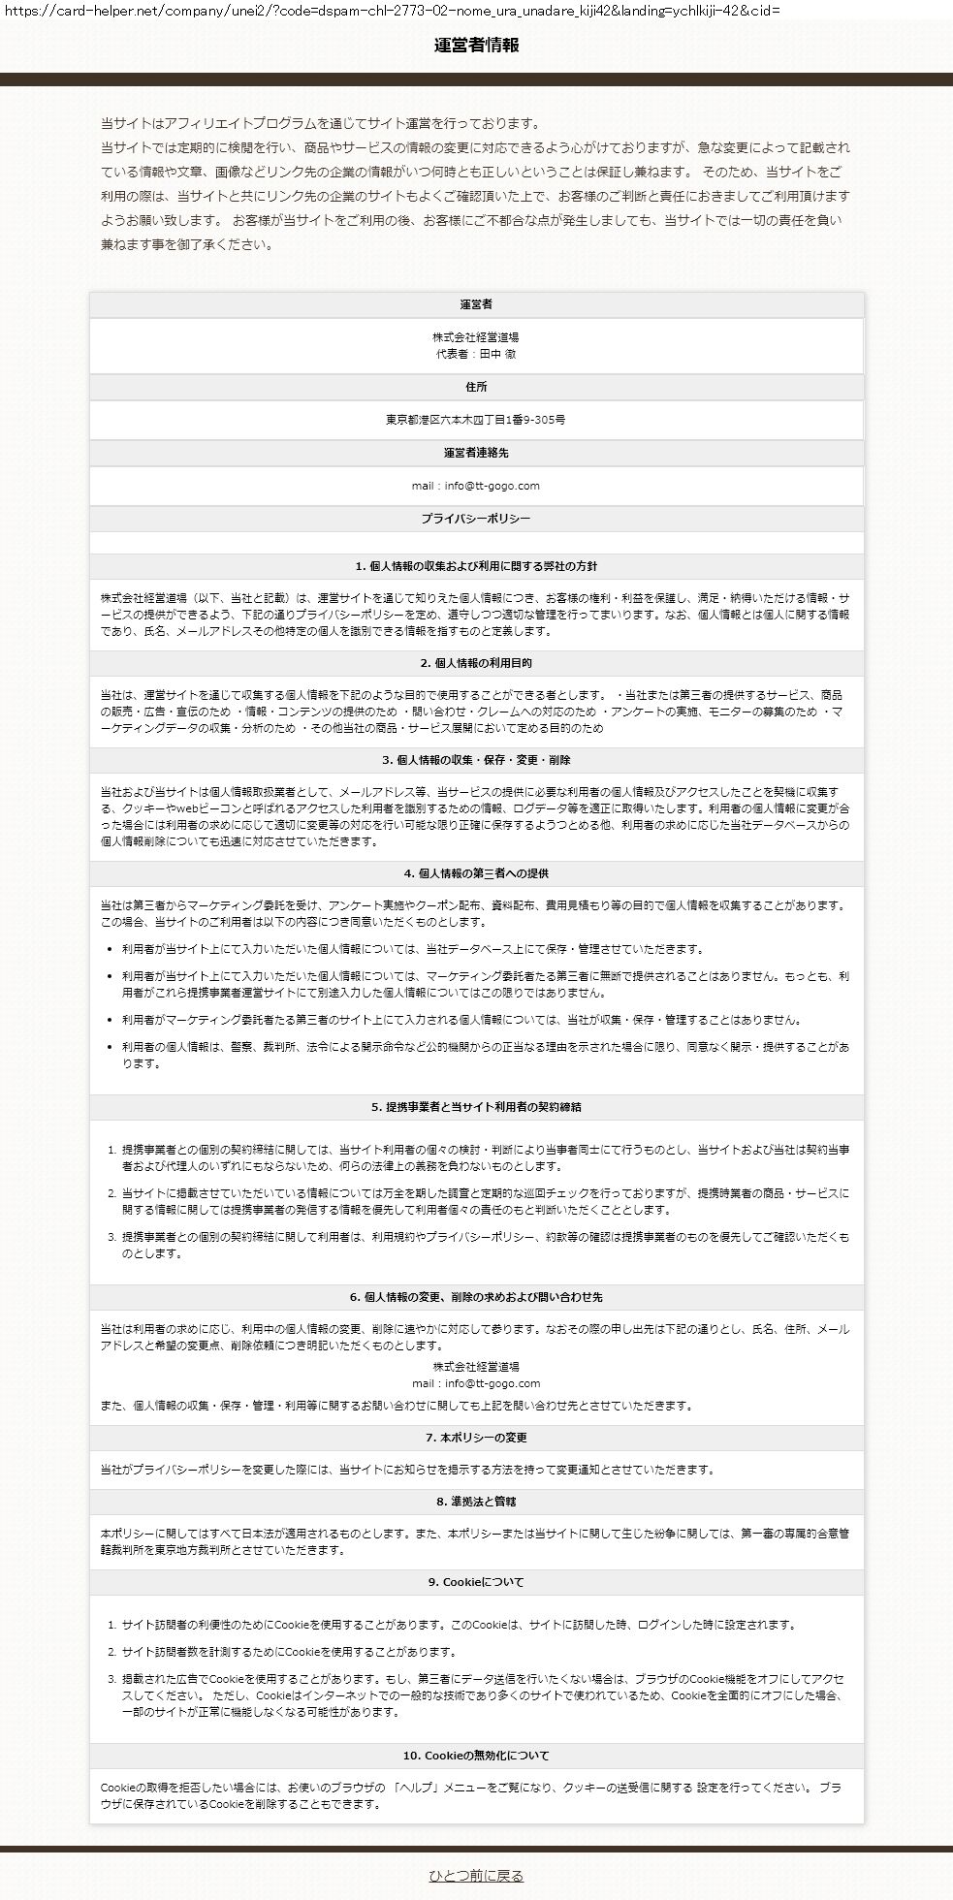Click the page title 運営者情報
[x=476, y=46]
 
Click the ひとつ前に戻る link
[x=476, y=1875]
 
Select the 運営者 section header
[x=476, y=304]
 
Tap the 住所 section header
[x=476, y=387]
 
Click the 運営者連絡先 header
[x=476, y=453]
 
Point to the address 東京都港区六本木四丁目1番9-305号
[x=476, y=420]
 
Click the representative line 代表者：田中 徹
[x=476, y=354]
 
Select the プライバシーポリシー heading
[x=476, y=519]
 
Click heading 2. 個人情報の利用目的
[x=476, y=663]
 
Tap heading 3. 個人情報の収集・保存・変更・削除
[x=476, y=760]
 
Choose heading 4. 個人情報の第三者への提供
[x=476, y=873]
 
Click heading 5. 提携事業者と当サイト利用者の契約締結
[x=476, y=1106]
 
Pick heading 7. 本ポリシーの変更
[x=476, y=1438]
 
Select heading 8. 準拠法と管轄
[x=476, y=1502]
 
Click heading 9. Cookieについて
[x=476, y=1582]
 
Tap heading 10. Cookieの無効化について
[x=476, y=1756]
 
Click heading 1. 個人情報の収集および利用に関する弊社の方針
[x=476, y=566]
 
